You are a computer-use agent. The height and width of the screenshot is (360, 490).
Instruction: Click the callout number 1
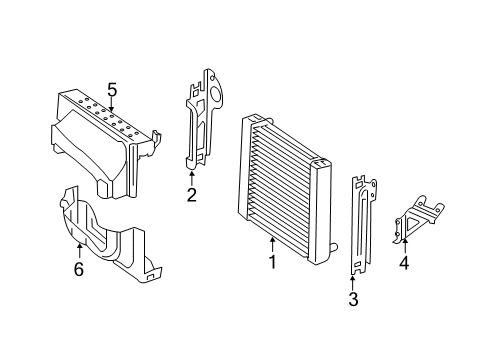[273, 262]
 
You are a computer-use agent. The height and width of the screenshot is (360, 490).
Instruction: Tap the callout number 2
[192, 195]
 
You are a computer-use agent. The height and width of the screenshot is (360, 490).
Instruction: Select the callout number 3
[353, 299]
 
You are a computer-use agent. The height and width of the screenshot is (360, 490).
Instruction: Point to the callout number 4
[404, 263]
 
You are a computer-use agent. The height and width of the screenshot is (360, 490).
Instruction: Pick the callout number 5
[112, 90]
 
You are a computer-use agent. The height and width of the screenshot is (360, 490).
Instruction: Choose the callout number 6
[79, 269]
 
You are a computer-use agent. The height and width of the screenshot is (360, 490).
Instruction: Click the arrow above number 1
[273, 244]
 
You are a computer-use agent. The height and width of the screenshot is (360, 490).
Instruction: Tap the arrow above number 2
[192, 178]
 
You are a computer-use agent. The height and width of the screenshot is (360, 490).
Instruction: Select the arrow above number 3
[353, 282]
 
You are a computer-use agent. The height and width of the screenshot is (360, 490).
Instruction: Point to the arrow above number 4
[405, 246]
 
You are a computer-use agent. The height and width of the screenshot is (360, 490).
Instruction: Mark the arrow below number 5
[111, 104]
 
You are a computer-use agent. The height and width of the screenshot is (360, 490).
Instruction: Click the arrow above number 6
[79, 252]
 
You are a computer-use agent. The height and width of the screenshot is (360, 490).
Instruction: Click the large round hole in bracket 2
[216, 91]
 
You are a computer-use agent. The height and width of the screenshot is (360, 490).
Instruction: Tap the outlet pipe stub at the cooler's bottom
[333, 246]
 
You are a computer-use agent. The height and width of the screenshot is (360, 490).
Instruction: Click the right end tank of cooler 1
[320, 212]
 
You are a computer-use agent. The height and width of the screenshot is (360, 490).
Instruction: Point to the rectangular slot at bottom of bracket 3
[357, 264]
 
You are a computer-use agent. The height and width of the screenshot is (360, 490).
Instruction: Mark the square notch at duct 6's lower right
[151, 276]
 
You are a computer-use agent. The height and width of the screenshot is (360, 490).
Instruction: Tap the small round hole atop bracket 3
[374, 183]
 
